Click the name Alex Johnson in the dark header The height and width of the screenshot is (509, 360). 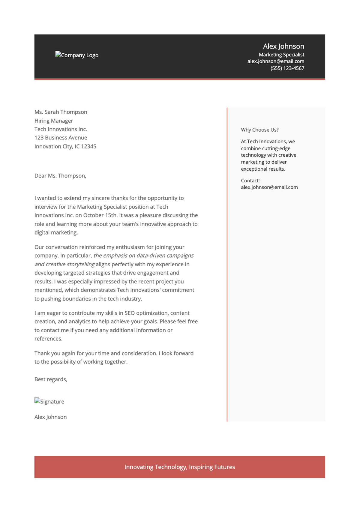tap(283, 46)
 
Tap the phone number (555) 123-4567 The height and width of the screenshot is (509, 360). tap(287, 68)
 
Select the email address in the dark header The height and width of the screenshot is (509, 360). tap(276, 61)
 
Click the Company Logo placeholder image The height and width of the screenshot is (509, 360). tap(77, 55)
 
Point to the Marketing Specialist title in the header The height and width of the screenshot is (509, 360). tap(281, 55)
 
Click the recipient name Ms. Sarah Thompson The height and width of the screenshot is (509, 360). tap(61, 112)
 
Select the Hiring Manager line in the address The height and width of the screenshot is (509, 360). tap(54, 121)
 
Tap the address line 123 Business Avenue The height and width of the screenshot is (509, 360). tap(61, 138)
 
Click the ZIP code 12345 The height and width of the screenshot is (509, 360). tap(89, 146)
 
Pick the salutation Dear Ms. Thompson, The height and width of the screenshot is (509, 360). tap(60, 176)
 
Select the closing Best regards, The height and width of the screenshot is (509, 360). tap(51, 379)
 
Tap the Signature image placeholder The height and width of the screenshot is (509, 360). tap(49, 401)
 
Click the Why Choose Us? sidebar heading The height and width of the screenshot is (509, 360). tap(260, 130)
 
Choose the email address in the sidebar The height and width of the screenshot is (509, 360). tap(269, 187)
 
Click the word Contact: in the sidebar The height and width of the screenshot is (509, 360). tap(250, 181)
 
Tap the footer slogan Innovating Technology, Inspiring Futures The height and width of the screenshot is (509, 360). tap(180, 467)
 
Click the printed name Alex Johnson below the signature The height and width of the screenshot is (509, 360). tap(51, 417)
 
